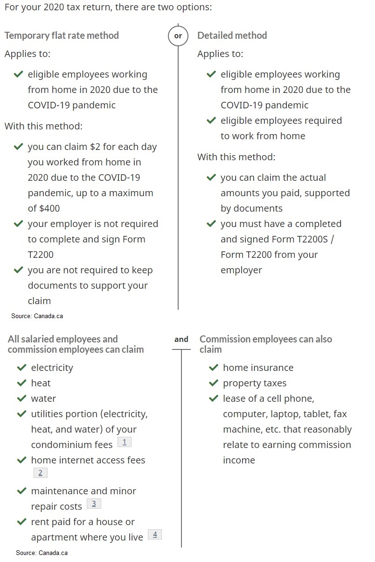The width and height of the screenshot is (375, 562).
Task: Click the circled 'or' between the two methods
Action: pyautogui.click(x=178, y=36)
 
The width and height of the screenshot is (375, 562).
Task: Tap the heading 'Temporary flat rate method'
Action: pyautogui.click(x=62, y=36)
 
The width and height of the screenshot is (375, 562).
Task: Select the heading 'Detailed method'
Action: pyautogui.click(x=232, y=36)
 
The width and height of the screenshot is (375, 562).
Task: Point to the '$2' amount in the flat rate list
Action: pyautogui.click(x=95, y=147)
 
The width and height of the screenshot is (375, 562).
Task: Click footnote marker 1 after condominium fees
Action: pyautogui.click(x=124, y=442)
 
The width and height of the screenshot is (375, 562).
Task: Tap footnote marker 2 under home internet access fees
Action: pyautogui.click(x=40, y=473)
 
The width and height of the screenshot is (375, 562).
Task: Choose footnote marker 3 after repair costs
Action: pyautogui.click(x=94, y=504)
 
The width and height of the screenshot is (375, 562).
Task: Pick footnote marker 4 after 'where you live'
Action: pyautogui.click(x=155, y=534)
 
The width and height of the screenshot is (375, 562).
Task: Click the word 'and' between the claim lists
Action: pyautogui.click(x=181, y=340)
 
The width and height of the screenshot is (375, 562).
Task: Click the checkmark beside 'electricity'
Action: pyautogui.click(x=21, y=368)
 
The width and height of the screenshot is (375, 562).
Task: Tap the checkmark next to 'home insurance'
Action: pyautogui.click(x=214, y=368)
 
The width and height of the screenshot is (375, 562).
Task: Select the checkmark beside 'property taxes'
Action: pyautogui.click(x=214, y=383)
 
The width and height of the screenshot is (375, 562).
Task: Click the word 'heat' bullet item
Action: pyautogui.click(x=41, y=383)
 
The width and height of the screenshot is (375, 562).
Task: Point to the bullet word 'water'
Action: pyautogui.click(x=43, y=398)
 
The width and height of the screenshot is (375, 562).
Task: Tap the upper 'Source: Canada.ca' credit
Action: pyautogui.click(x=37, y=316)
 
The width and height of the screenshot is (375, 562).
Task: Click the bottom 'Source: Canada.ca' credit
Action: pyautogui.click(x=42, y=553)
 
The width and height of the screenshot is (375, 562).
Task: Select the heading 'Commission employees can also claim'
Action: pyautogui.click(x=265, y=344)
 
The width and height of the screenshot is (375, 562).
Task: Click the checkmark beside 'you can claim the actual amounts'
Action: pyautogui.click(x=211, y=178)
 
